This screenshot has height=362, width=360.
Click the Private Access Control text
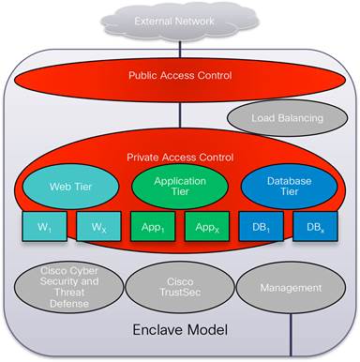[179, 158]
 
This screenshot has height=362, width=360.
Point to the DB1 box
[259, 228]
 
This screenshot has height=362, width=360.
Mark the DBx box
[312, 228]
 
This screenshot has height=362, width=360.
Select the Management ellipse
[290, 287]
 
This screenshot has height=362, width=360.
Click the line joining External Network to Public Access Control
[180, 46]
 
